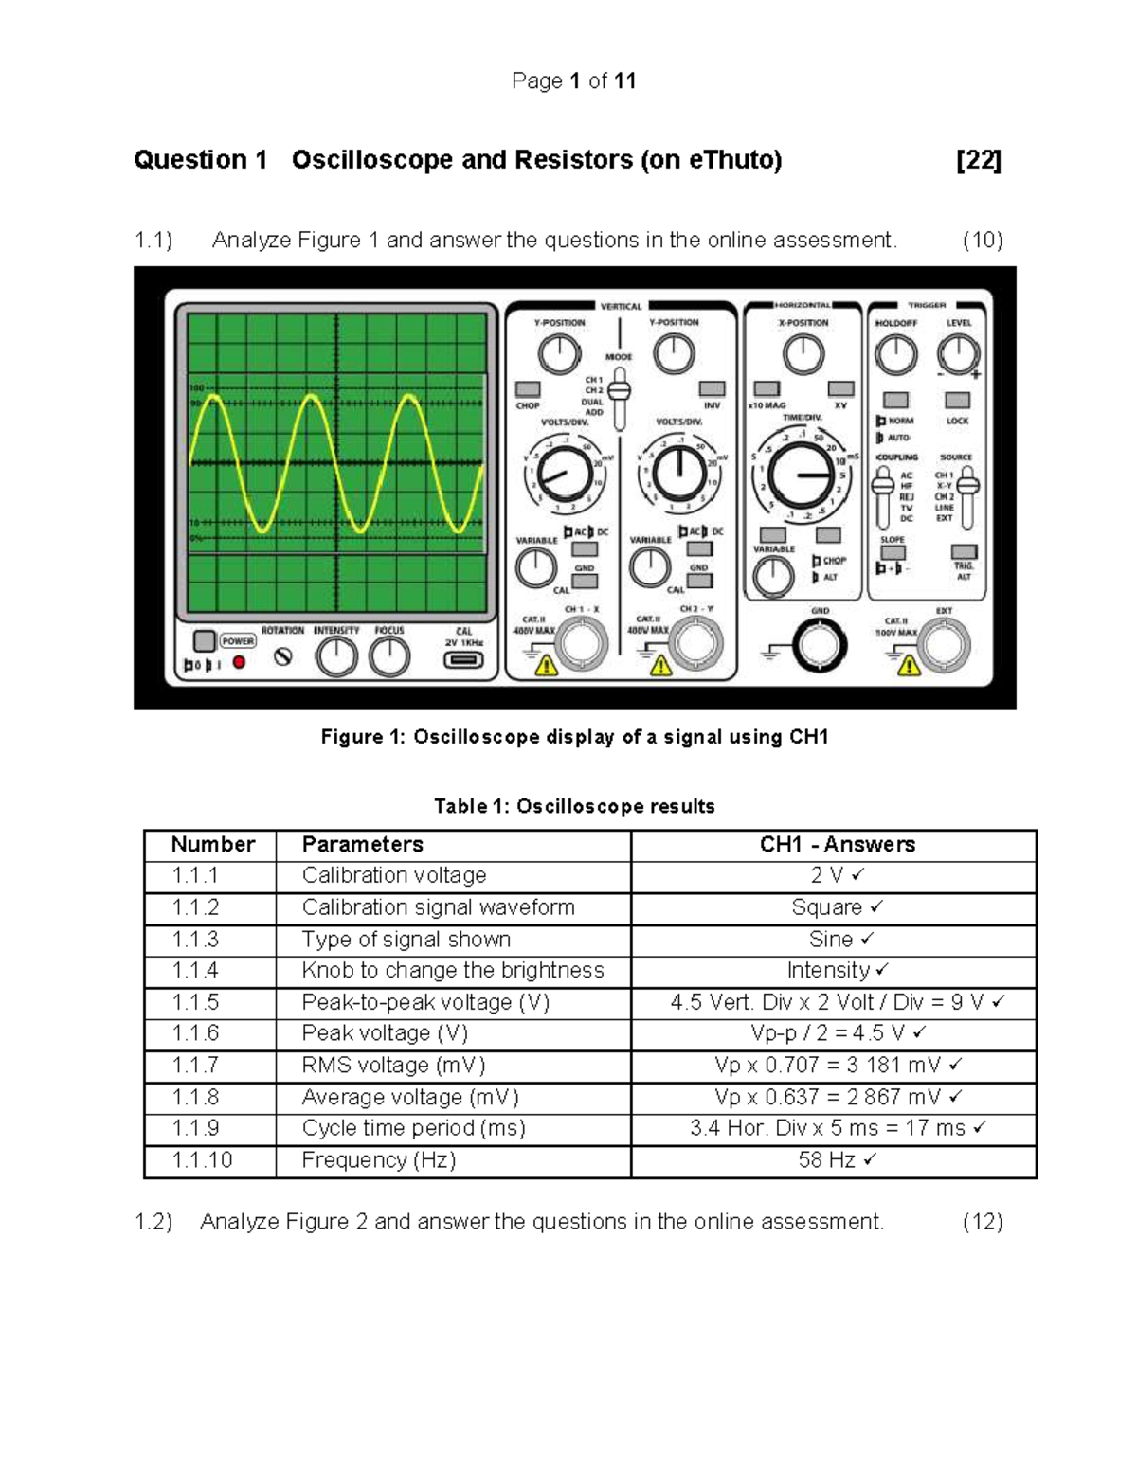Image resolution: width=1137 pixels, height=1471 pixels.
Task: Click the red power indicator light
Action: click(239, 663)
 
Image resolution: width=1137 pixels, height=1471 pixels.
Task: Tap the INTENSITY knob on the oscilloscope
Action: click(336, 656)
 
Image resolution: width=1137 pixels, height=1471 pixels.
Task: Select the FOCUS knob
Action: click(389, 656)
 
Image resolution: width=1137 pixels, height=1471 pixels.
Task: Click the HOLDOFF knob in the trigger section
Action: click(895, 355)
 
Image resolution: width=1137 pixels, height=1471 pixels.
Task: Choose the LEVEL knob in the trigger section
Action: click(958, 355)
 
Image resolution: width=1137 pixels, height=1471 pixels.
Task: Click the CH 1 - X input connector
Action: click(581, 643)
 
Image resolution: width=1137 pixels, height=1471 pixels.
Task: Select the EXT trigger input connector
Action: click(944, 646)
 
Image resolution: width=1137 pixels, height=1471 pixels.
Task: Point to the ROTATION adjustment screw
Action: click(282, 656)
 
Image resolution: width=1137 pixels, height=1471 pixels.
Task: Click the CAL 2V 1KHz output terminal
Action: click(463, 660)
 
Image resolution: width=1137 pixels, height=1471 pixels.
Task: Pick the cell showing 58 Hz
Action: click(834, 1160)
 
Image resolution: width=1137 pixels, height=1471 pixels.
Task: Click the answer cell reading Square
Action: click(834, 907)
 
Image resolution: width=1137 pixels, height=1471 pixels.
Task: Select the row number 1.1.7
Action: click(195, 1066)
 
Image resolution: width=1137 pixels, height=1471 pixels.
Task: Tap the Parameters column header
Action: click(362, 844)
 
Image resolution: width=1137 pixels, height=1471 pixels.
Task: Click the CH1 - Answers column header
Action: click(837, 844)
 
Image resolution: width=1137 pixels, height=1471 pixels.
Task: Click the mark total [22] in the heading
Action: click(979, 160)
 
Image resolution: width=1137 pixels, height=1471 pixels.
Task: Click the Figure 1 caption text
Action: click(574, 737)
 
